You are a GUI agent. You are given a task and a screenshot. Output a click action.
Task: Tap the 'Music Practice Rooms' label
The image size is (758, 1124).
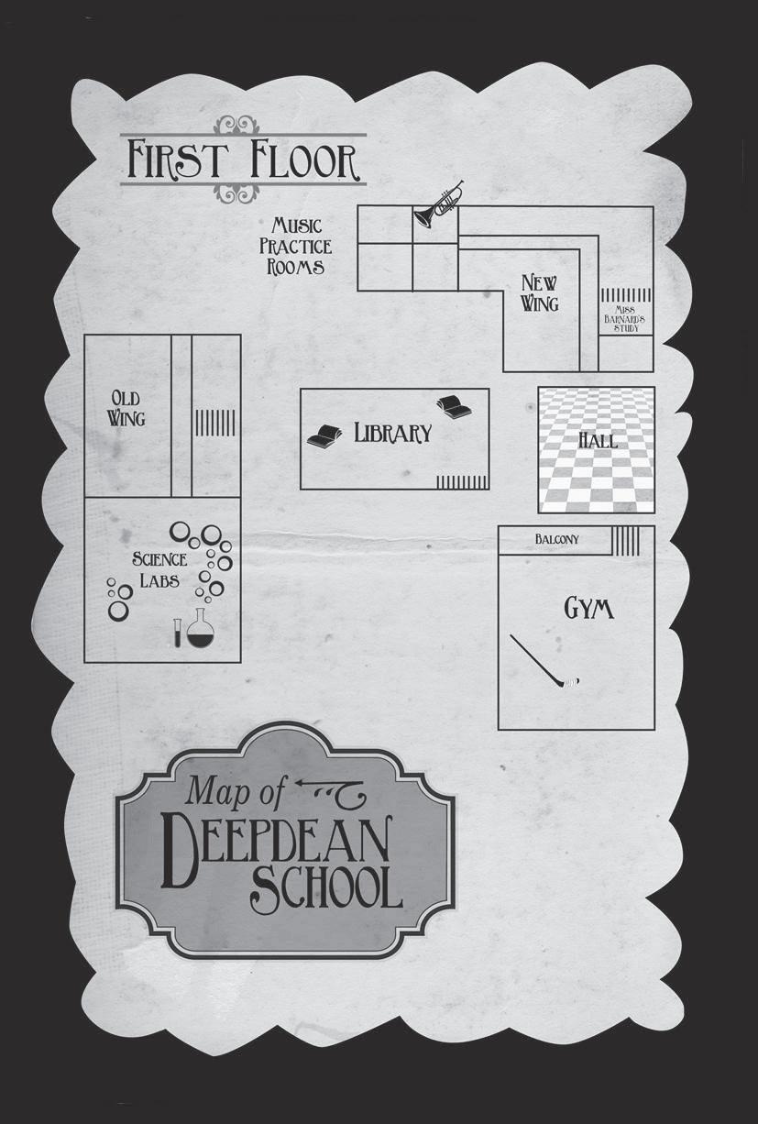295,246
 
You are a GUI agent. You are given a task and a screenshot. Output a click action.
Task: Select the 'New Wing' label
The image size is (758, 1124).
540,292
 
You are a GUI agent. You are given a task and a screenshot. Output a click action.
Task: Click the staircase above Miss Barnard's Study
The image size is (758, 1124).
626,295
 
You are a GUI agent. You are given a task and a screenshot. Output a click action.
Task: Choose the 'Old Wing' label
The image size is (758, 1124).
127,408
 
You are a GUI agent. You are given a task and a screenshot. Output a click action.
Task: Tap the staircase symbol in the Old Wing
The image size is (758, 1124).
214,422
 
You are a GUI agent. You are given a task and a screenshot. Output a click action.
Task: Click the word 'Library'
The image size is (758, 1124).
392,434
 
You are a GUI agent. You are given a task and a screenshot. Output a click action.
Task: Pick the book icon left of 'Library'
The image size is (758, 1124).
324,437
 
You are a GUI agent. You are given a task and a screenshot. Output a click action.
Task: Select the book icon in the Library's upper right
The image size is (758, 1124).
455,406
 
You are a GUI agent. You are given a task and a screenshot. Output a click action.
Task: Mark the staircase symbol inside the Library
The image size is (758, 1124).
461,482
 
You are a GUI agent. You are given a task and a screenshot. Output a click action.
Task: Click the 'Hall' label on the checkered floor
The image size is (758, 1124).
598,440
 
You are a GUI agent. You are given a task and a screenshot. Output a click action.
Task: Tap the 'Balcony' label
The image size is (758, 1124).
557,540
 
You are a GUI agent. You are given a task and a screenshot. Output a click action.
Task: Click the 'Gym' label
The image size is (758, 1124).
588,608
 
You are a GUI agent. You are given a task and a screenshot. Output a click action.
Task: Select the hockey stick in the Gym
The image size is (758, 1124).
544,663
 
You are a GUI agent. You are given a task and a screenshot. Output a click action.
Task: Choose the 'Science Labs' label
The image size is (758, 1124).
159,569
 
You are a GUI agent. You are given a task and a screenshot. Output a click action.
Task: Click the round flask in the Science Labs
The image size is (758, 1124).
201,630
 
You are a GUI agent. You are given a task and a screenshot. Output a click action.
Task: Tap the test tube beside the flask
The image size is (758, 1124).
177,632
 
